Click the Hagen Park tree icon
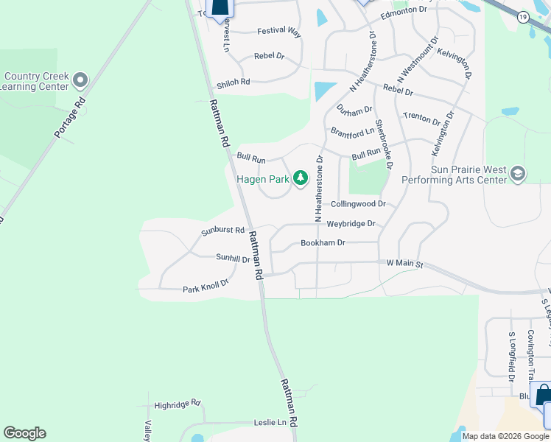pos(300,178)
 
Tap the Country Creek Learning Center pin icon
pos(81,79)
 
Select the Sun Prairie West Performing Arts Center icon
pos(517,174)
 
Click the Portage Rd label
pos(70,117)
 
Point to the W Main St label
pos(405,263)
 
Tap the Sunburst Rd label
pos(222,231)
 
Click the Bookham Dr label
pos(323,242)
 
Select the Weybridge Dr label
pos(351,223)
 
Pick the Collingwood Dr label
pos(358,204)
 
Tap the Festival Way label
pos(279,32)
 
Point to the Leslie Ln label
pos(270,422)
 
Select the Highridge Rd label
pos(178,404)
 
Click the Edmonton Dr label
pos(404,11)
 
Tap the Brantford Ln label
pos(352,133)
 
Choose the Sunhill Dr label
pos(233,258)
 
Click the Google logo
pos(24,433)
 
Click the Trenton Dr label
pos(421,118)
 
